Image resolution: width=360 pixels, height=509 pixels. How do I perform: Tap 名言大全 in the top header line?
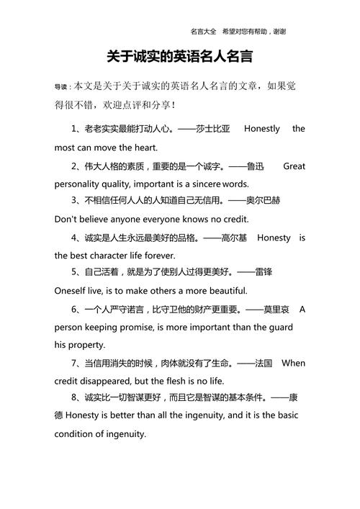pyautogui.click(x=204, y=32)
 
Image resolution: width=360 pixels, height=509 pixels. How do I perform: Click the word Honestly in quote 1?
pyautogui.click(x=261, y=129)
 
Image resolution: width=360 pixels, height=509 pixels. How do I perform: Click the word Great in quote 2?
pyautogui.click(x=294, y=166)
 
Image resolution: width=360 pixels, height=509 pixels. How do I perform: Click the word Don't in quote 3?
pyautogui.click(x=66, y=219)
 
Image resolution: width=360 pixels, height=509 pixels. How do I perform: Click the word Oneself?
pyautogui.click(x=72, y=291)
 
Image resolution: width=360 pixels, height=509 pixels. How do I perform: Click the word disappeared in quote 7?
pyautogui.click(x=112, y=381)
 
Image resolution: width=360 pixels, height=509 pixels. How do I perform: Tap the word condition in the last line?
pyautogui.click(x=74, y=434)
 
